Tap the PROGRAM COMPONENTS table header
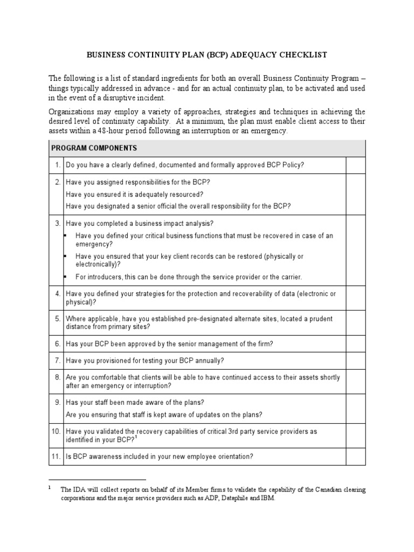[x=94, y=148]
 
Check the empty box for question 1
[x=355, y=165]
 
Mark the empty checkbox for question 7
[x=355, y=361]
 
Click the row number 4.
[x=57, y=294]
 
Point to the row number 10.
[x=56, y=432]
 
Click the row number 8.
[x=57, y=377]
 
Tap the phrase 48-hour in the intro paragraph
[x=144, y=131]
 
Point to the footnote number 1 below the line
[x=50, y=488]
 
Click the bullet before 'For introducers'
[x=65, y=277]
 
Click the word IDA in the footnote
[x=79, y=490]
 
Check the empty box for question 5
[x=355, y=322]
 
